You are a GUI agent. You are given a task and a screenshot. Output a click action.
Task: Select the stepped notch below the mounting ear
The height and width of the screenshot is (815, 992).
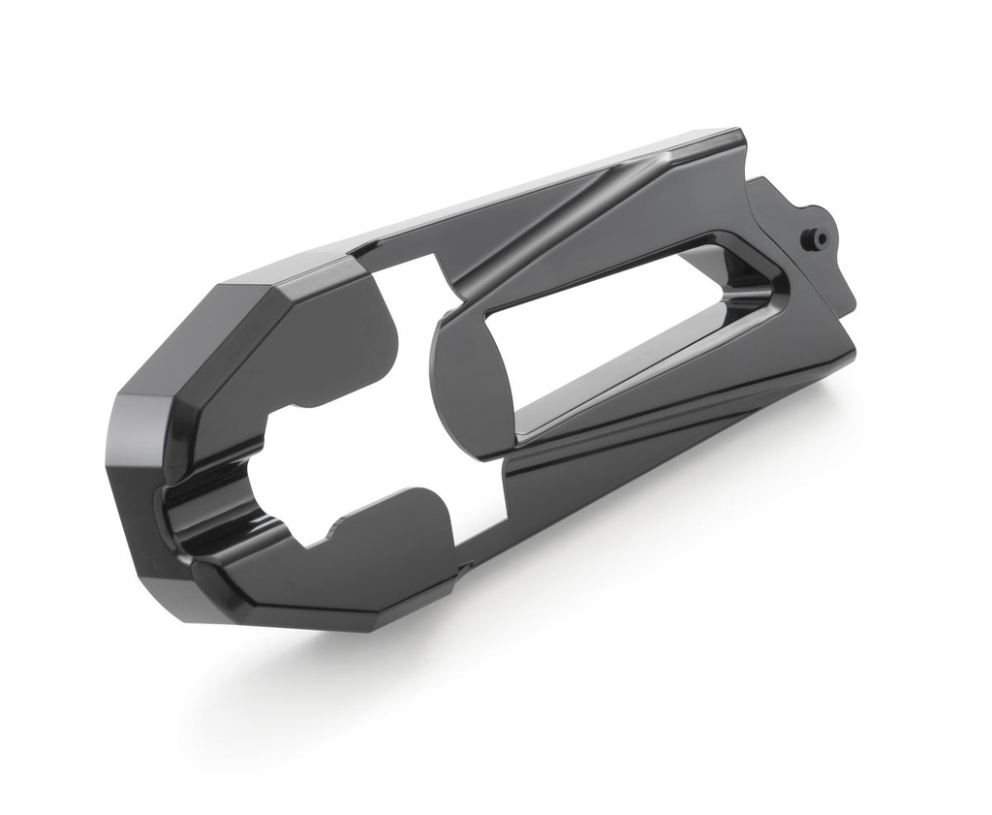(x=843, y=291)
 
